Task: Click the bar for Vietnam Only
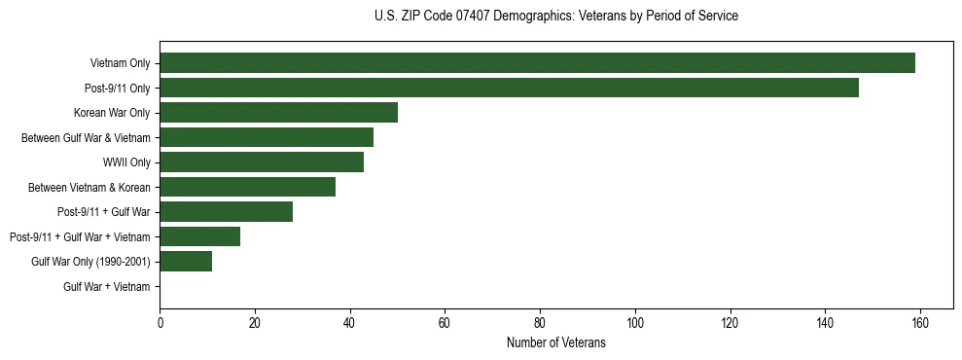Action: [x=537, y=63]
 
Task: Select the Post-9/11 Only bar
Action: [x=509, y=88]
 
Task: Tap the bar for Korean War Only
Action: [x=278, y=113]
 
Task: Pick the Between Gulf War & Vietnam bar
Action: [x=267, y=137]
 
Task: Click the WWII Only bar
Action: [x=262, y=162]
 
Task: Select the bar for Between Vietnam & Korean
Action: [x=247, y=187]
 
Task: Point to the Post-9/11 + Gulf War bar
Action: [x=226, y=212]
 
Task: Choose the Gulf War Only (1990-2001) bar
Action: [x=186, y=262]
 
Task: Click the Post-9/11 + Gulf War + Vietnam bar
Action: [x=199, y=236]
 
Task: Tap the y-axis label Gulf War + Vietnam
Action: [x=106, y=287]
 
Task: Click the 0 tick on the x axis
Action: [x=160, y=324]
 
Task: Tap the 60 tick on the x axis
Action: [x=445, y=324]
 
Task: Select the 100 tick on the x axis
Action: [x=635, y=324]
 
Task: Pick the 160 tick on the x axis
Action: [x=920, y=324]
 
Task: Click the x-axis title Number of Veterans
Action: [x=555, y=342]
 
